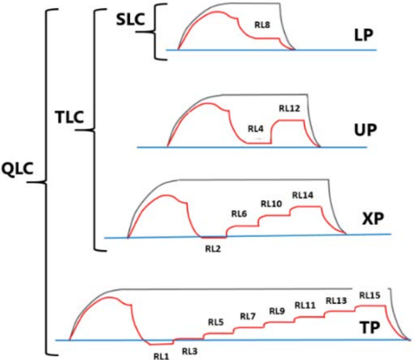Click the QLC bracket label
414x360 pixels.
[x=18, y=169]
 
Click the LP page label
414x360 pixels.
[x=360, y=35]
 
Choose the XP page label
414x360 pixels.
[x=372, y=218]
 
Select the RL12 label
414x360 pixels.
[x=289, y=109]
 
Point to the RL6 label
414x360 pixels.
[x=239, y=214]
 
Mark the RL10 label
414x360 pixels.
[x=271, y=204]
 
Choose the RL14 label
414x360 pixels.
[x=302, y=195]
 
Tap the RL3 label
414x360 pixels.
[x=189, y=351]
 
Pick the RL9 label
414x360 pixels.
[x=277, y=311]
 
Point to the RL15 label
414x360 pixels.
[x=370, y=295]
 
